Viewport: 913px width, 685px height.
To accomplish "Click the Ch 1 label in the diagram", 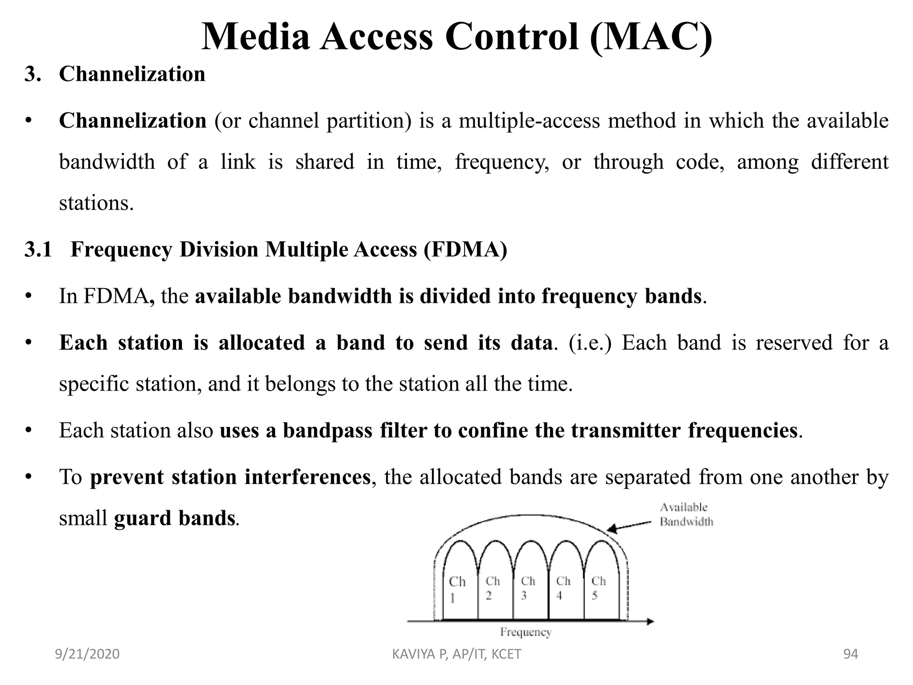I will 457,588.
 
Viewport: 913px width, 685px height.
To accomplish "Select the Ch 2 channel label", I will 492,587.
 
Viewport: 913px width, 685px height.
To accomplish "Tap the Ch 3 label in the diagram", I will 527,587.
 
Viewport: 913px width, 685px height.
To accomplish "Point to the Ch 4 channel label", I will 563,587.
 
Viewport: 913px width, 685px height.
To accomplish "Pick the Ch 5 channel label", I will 598,587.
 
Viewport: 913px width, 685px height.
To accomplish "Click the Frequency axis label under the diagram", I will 526,632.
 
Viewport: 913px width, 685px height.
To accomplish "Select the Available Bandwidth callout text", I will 686,514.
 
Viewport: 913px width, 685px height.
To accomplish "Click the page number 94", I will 851,654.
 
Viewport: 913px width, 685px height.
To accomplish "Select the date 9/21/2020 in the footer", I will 87,654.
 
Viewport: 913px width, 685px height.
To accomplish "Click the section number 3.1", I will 38,249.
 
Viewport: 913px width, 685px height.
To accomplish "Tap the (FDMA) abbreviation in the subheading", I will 465,249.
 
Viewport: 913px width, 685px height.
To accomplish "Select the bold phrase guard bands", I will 174,518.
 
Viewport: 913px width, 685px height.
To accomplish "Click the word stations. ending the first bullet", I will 96,203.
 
